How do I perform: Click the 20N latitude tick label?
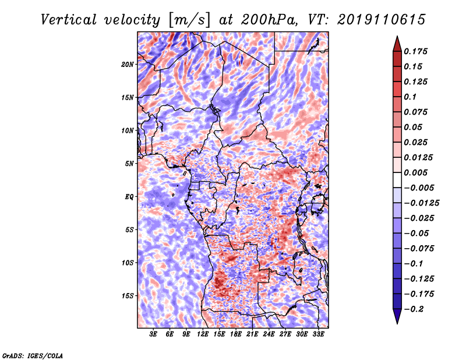[128, 65]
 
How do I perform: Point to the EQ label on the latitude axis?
[129, 197]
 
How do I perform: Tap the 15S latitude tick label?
[128, 296]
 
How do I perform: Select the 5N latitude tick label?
[129, 164]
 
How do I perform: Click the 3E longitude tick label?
[153, 334]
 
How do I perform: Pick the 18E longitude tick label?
[236, 334]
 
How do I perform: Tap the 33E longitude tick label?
[318, 334]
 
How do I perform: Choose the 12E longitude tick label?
[203, 334]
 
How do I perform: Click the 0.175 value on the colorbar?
[415, 51]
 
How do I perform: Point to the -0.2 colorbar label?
[414, 309]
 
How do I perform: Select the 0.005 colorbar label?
[415, 172]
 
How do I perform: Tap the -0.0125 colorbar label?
[421, 203]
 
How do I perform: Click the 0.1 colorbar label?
[410, 97]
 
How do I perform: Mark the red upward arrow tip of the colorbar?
[397, 36]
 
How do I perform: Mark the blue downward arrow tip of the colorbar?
[397, 323]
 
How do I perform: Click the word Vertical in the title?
[69, 20]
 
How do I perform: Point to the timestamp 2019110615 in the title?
[382, 20]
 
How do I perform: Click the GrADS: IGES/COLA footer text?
[33, 356]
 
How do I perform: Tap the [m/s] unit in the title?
[189, 20]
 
